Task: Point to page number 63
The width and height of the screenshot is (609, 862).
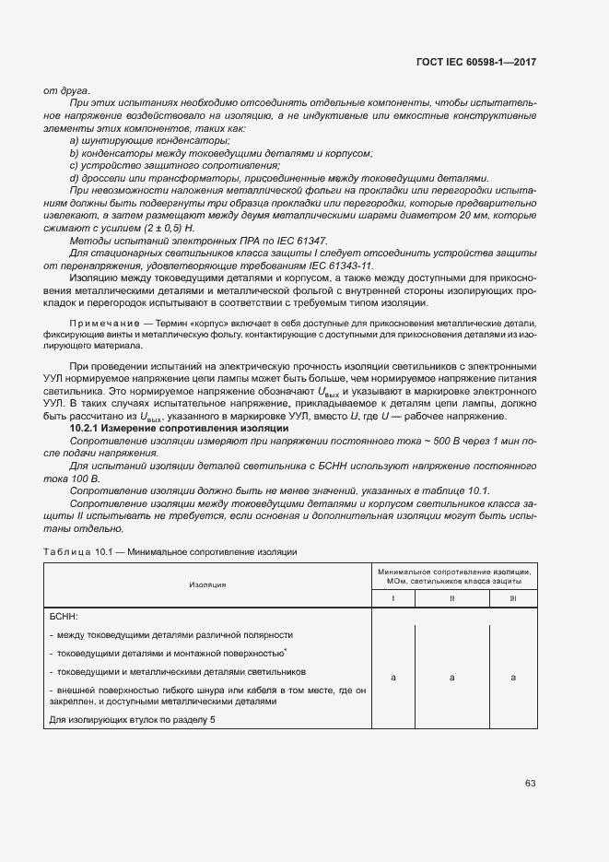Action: coord(531,784)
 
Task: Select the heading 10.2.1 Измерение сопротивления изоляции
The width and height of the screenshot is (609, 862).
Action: coord(181,430)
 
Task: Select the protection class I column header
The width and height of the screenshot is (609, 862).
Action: coord(393,598)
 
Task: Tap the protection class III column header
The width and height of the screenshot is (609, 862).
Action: coord(512,598)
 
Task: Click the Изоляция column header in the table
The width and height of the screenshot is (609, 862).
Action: coord(208,585)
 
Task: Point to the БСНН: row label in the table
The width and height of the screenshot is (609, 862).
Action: coord(64,613)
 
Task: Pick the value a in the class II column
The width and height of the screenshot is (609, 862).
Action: coord(452,678)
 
